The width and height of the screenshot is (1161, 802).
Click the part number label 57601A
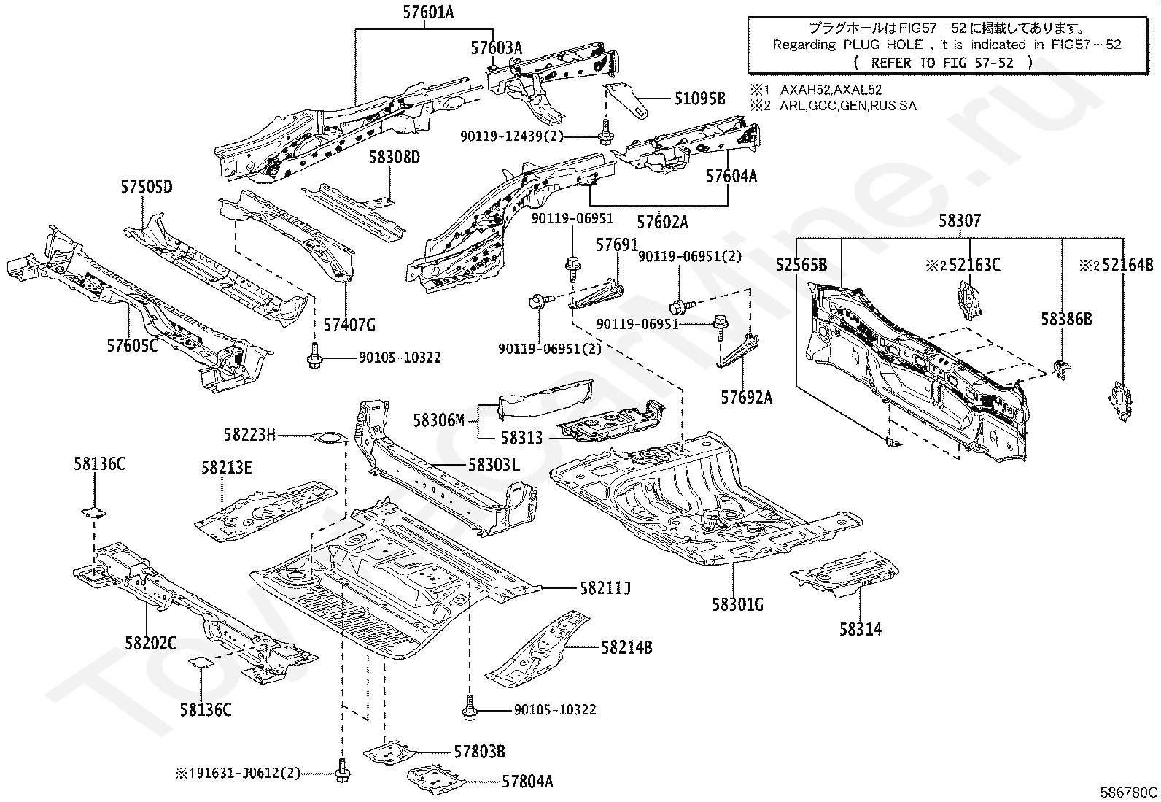pyautogui.click(x=428, y=12)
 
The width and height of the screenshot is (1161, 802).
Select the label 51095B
pyautogui.click(x=699, y=98)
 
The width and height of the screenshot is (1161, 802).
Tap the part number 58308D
pyautogui.click(x=394, y=157)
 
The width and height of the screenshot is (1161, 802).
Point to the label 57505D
pyautogui.click(x=147, y=187)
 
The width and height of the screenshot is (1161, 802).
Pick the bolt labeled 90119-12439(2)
pyautogui.click(x=605, y=132)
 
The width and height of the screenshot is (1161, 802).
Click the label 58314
pyautogui.click(x=861, y=629)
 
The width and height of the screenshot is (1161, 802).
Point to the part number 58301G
pyautogui.click(x=737, y=604)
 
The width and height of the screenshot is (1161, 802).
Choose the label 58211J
pyautogui.click(x=605, y=587)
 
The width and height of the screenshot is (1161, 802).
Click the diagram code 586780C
pyautogui.click(x=1128, y=793)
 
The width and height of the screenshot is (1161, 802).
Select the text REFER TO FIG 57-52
pyautogui.click(x=941, y=63)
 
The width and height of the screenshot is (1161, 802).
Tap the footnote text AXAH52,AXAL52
pyautogui.click(x=831, y=90)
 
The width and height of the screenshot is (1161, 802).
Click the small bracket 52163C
pyautogui.click(x=969, y=300)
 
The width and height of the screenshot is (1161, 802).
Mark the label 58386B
pyautogui.click(x=1066, y=319)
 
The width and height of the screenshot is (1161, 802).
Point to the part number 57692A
pyautogui.click(x=746, y=398)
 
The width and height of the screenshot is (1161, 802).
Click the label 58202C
pyautogui.click(x=150, y=643)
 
